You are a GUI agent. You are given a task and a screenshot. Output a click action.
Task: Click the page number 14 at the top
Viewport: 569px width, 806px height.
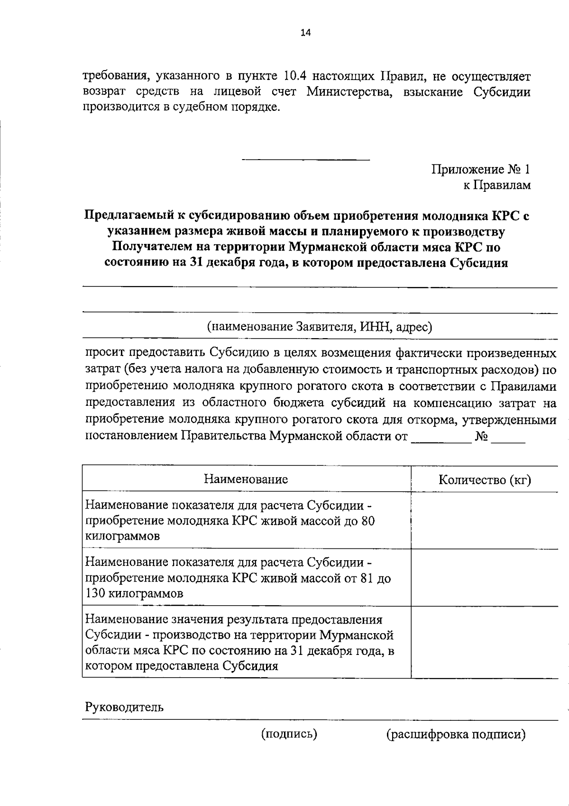point(305,32)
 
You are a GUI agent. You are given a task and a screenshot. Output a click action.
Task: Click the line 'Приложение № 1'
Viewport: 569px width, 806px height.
point(480,170)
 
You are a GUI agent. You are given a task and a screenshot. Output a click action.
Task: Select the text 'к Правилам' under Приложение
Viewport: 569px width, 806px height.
point(496,186)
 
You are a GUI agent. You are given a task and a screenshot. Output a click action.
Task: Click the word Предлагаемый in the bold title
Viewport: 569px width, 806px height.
point(130,216)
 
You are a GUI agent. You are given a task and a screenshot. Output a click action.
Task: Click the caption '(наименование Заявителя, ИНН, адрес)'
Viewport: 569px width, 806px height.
point(319,327)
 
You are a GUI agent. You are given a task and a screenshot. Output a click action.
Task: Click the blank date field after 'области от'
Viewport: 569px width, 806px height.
point(441,437)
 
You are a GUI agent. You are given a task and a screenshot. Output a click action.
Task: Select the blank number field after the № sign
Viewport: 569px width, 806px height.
point(508,437)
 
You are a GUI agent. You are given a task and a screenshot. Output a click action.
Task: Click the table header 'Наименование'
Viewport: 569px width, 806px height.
point(246,479)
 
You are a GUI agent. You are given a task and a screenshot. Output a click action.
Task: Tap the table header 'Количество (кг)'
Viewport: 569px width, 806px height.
point(484,480)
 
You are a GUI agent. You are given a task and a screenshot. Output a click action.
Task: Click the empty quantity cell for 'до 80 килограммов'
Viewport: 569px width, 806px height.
point(484,520)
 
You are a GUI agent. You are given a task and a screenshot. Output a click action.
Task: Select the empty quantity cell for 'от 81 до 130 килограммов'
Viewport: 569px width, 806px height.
point(484,577)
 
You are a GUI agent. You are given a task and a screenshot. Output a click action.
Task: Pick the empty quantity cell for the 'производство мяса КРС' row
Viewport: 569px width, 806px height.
point(484,642)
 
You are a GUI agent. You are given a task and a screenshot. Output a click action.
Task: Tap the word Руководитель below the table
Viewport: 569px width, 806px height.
point(124,707)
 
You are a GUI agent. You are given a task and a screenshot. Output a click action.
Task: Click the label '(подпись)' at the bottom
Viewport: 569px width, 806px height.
point(289,734)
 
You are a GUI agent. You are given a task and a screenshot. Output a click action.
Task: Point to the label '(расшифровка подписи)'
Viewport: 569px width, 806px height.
point(456,734)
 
